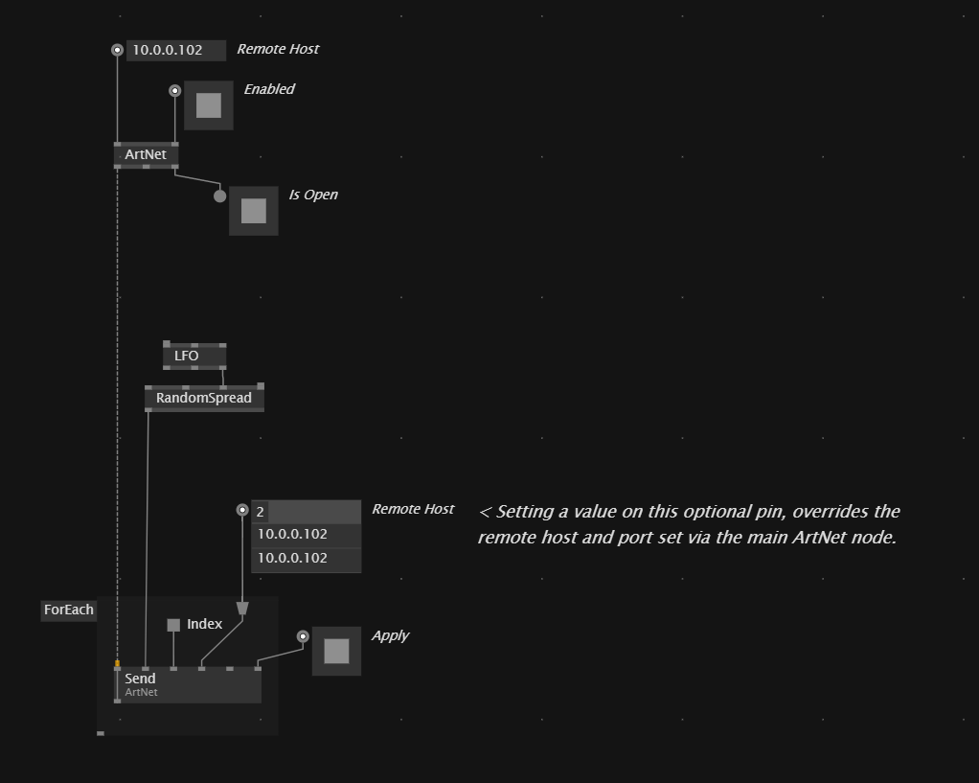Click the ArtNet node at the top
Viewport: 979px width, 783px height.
click(147, 155)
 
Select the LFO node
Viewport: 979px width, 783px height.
click(194, 356)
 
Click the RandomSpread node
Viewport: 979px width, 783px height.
click(204, 398)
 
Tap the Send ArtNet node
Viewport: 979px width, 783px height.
click(188, 685)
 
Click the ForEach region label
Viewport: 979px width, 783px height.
click(69, 610)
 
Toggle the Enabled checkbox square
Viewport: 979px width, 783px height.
click(209, 105)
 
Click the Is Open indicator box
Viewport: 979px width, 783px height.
click(254, 211)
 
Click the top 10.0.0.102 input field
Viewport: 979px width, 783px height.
click(176, 50)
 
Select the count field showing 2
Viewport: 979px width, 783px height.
click(306, 512)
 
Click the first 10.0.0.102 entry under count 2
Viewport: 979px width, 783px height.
click(306, 535)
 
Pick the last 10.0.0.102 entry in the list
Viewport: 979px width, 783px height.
click(306, 559)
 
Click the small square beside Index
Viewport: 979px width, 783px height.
click(173, 625)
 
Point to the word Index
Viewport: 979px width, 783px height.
click(204, 624)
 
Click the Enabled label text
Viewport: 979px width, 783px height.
click(269, 89)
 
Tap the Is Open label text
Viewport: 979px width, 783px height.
click(313, 195)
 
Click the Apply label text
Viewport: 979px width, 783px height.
click(390, 636)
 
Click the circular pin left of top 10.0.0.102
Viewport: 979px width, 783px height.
click(118, 50)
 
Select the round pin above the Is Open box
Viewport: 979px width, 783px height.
click(219, 196)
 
